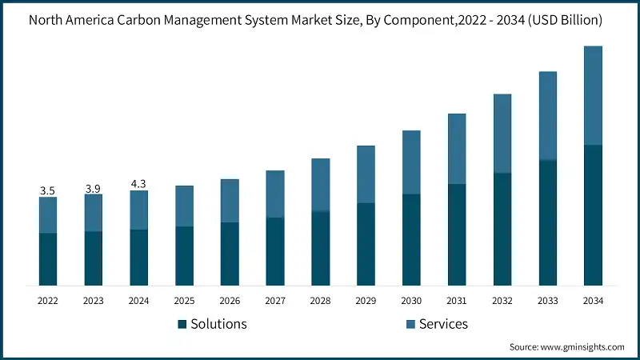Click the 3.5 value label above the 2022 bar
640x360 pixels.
47,191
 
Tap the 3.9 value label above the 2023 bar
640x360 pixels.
93,188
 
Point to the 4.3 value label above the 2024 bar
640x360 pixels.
138,185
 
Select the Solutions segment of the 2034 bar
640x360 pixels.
593,215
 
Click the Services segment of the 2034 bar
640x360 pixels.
593,95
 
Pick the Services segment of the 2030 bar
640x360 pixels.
411,162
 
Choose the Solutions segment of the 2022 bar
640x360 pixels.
48,259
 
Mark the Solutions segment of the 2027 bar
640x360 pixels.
275,251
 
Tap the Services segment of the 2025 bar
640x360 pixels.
184,206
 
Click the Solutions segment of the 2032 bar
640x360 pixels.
502,229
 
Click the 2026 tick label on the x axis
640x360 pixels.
230,301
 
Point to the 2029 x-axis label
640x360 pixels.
366,301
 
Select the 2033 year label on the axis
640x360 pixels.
547,301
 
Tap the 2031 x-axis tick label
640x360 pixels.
457,301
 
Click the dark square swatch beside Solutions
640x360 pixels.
182,324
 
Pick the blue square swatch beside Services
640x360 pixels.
411,324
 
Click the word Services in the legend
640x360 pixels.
443,324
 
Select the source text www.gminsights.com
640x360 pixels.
582,347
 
